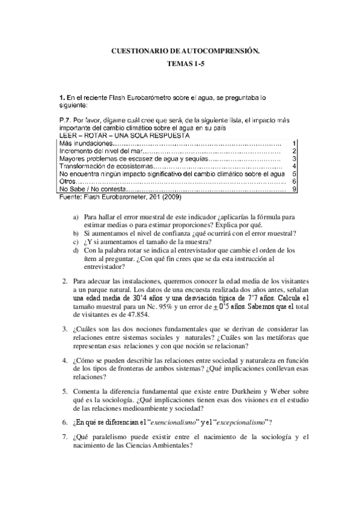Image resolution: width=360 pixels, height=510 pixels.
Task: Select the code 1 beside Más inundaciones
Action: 293,144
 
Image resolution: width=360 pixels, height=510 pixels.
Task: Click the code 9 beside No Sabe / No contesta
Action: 293,189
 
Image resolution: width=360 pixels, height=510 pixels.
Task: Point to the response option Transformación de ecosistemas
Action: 102,167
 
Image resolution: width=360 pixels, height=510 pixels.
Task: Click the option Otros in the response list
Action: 69,182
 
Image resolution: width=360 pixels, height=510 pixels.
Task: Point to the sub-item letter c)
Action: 75,241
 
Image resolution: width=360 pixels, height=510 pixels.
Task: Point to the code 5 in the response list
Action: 293,174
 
